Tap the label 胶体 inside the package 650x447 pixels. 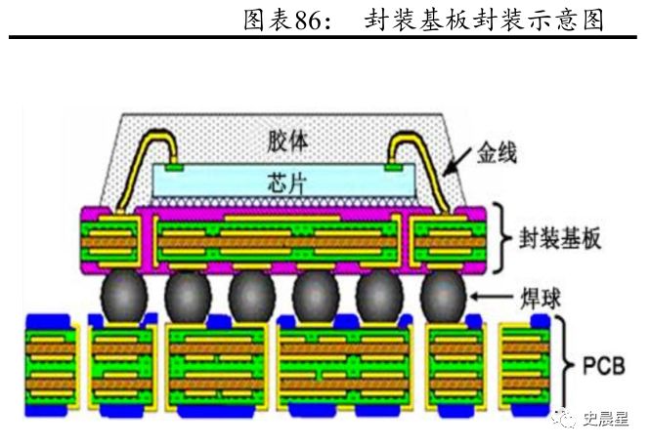[x=288, y=141]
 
